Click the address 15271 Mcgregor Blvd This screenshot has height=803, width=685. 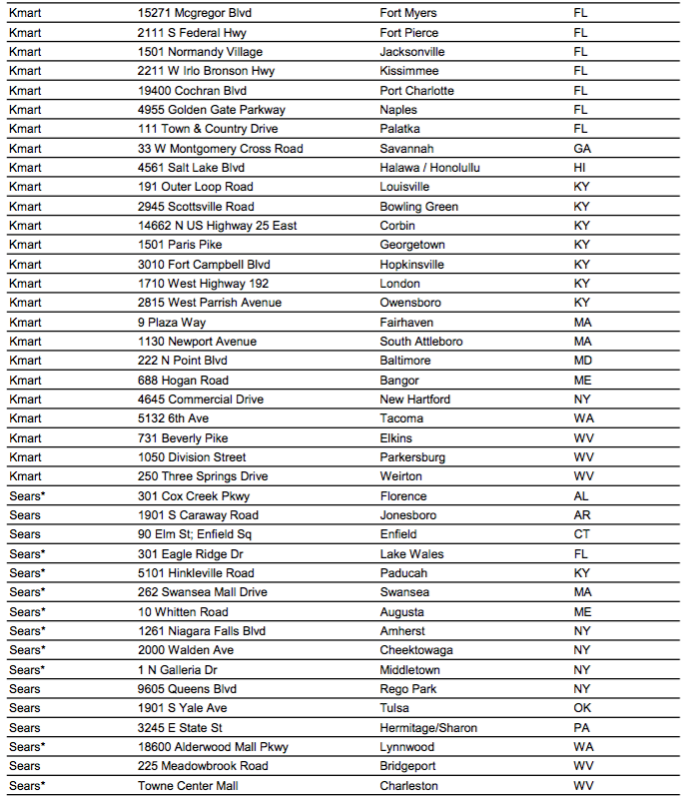coord(195,13)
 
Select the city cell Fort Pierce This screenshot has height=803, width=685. coord(408,33)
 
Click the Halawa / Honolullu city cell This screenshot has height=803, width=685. coord(429,168)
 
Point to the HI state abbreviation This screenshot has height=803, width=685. coord(579,168)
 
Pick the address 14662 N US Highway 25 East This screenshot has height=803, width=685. coord(217,226)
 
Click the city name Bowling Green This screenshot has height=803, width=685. coord(418,207)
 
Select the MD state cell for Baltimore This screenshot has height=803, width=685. coord(582,361)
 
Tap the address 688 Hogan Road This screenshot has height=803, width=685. coord(183,381)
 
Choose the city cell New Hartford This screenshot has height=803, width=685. coord(414,400)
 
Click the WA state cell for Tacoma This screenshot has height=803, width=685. coord(583,418)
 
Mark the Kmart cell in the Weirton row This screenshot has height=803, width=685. coord(26,476)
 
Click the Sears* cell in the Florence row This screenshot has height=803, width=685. coord(28,496)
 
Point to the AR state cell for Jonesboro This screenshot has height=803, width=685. coord(582,515)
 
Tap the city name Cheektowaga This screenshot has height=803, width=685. coord(417,650)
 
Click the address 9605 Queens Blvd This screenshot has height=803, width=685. coord(187,689)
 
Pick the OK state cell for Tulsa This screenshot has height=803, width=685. coord(582,708)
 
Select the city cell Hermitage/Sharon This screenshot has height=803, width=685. coord(428,728)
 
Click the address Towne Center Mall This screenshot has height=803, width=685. coord(188,786)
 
